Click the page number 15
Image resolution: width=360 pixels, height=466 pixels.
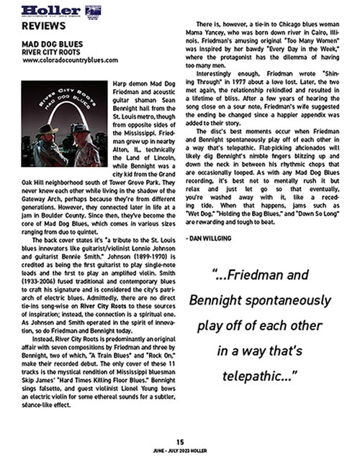click(180, 442)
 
